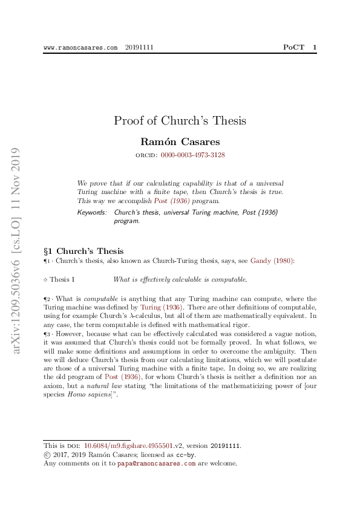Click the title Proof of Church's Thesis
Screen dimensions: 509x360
click(180, 120)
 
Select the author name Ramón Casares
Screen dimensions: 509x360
click(180, 142)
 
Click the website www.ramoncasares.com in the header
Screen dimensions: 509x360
click(80, 47)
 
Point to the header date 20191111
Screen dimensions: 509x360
click(139, 47)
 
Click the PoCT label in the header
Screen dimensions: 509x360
click(295, 47)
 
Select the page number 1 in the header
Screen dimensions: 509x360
click(314, 47)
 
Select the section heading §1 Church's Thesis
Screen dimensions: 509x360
click(83, 251)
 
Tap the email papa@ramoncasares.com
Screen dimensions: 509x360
click(156, 464)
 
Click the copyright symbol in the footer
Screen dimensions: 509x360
click(47, 455)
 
